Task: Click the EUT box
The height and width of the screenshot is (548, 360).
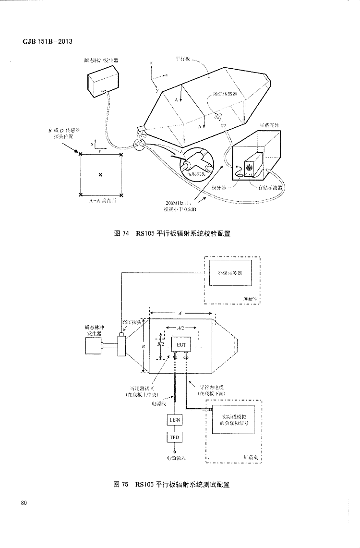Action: click(x=181, y=345)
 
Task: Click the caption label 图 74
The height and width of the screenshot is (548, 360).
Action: click(x=122, y=234)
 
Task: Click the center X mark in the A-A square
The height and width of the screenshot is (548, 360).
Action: click(x=100, y=175)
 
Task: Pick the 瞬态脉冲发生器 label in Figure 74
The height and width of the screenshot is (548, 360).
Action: click(x=101, y=61)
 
